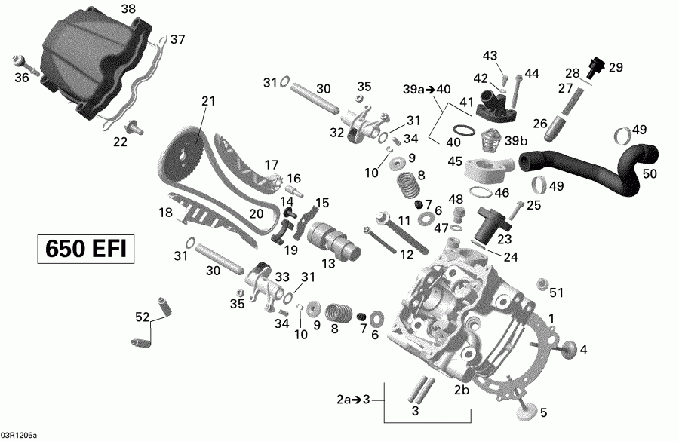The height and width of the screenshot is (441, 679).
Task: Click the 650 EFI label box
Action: pyautogui.click(x=85, y=248)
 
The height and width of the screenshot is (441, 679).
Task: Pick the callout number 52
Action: pyautogui.click(x=141, y=318)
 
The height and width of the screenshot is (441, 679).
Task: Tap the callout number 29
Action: pyautogui.click(x=616, y=67)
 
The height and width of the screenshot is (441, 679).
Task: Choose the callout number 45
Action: pyautogui.click(x=455, y=161)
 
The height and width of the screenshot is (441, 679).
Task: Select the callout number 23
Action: pyautogui.click(x=504, y=237)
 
